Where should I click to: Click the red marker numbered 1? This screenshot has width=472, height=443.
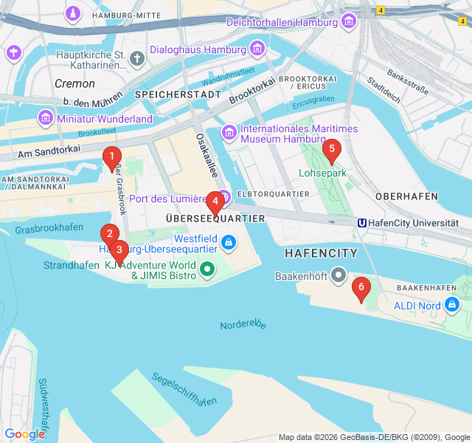(x=111, y=157)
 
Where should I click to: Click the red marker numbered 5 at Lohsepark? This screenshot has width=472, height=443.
(x=331, y=150)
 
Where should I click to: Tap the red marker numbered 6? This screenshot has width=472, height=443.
(x=361, y=287)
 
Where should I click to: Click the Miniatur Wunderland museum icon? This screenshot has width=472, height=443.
(x=46, y=118)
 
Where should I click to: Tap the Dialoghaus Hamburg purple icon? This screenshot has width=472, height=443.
(x=257, y=49)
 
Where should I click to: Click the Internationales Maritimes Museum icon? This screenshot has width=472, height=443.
(x=229, y=133)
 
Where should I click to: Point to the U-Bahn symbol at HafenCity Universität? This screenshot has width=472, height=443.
(x=362, y=222)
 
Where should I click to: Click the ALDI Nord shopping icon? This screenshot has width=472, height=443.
(x=452, y=305)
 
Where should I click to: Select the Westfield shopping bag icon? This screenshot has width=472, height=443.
(x=229, y=241)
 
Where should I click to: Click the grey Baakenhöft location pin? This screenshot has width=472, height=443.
(x=339, y=275)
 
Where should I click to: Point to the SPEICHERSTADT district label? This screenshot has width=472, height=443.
(x=178, y=95)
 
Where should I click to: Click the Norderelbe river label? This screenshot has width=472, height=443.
(x=243, y=325)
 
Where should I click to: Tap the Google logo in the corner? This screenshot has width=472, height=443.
(x=24, y=434)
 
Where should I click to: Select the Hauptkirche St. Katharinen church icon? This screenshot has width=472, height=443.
(x=136, y=58)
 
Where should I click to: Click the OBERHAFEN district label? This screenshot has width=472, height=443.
(x=407, y=196)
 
